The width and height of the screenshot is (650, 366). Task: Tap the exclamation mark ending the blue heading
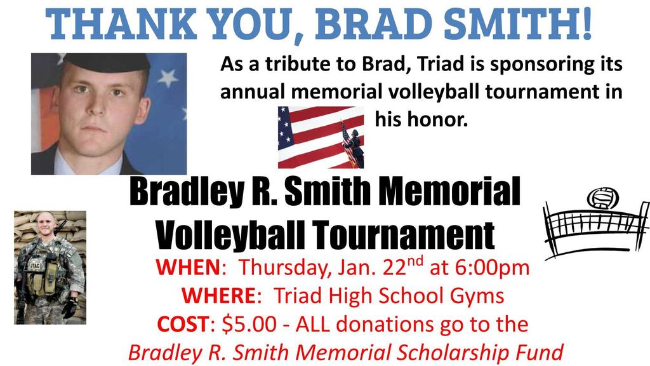[x=585, y=22]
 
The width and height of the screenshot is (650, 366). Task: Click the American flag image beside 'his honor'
[x=321, y=137]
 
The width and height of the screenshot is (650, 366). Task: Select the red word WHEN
[x=187, y=268]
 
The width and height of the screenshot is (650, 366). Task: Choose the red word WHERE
[x=215, y=295]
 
